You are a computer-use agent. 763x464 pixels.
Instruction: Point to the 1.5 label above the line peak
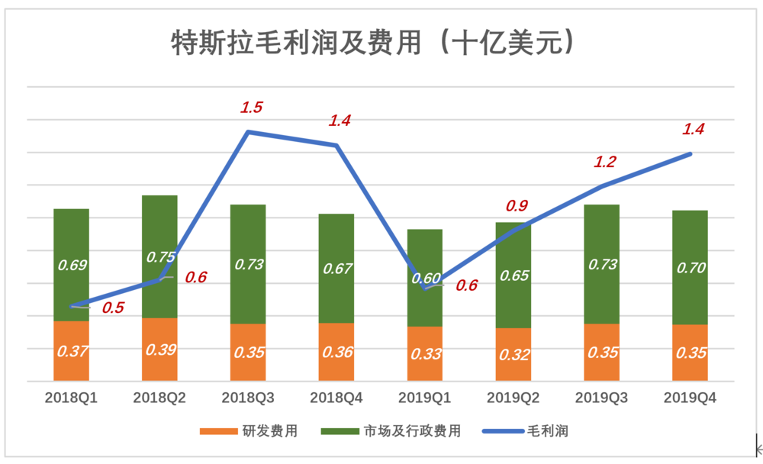[x=251, y=108]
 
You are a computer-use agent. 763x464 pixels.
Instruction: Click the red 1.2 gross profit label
[x=605, y=162]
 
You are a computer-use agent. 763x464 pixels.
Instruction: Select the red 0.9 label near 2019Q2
[x=517, y=206]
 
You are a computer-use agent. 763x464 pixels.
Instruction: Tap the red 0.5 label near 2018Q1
[x=113, y=308]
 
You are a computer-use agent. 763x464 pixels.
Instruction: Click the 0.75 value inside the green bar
[x=161, y=257]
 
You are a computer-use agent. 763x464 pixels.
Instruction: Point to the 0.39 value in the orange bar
[x=160, y=350]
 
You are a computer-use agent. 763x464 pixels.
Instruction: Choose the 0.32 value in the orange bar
[x=513, y=355]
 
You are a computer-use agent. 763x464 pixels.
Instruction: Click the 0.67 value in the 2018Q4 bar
[x=336, y=269]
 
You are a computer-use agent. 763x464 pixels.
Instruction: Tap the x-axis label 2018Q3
[x=248, y=398]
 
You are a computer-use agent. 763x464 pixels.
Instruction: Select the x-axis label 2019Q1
[x=425, y=398]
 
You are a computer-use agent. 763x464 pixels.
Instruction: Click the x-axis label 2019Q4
[x=690, y=398]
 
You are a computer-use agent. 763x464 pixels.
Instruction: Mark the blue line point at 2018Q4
[x=336, y=145]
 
